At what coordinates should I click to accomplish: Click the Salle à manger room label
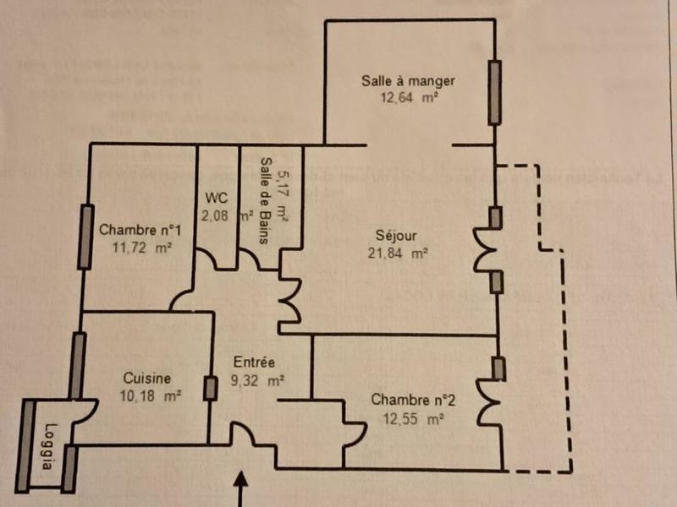408,81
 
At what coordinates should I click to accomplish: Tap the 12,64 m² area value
409,97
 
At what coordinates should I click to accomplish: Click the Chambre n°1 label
141,230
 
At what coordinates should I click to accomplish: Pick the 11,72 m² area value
141,248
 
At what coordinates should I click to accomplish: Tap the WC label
217,198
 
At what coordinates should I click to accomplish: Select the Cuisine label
147,379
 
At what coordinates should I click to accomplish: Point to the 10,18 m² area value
146,395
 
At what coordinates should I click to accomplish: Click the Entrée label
253,363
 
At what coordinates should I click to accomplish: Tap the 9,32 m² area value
256,380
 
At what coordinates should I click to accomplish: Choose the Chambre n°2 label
409,400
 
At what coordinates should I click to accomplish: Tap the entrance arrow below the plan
244,489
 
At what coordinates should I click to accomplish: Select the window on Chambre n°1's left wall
85,237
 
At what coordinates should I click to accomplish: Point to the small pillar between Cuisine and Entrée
210,388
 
